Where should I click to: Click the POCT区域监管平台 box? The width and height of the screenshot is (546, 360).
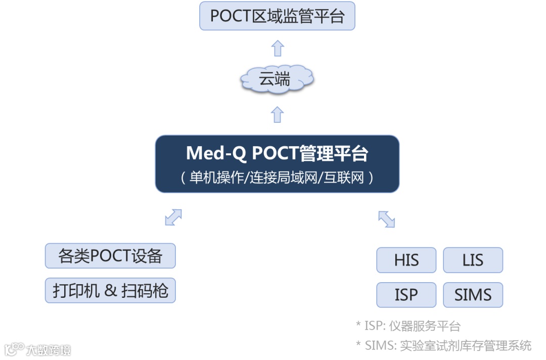click(x=277, y=16)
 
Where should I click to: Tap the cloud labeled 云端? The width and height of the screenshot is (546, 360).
click(x=276, y=79)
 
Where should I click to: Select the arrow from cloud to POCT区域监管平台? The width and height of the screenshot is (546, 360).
click(x=278, y=49)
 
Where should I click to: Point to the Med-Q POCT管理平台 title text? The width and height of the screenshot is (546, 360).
click(x=277, y=153)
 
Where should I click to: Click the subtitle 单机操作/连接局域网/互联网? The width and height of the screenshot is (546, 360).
click(x=277, y=177)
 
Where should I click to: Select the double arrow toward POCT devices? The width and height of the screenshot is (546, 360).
click(x=173, y=217)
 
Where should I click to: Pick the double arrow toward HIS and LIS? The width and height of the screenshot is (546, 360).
click(x=386, y=218)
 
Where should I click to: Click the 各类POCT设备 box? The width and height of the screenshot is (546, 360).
click(x=110, y=256)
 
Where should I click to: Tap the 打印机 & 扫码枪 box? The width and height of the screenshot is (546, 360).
click(x=110, y=290)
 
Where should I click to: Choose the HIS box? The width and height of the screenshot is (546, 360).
click(x=406, y=260)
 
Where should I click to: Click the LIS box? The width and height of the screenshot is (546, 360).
click(x=473, y=260)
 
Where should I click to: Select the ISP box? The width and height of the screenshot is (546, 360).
click(x=406, y=295)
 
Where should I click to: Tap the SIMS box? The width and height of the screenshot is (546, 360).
click(x=473, y=295)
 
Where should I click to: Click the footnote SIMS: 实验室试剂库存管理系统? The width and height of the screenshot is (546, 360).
click(x=444, y=346)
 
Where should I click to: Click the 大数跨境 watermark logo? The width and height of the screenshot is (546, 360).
click(x=37, y=349)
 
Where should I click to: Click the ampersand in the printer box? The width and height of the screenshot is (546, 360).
click(x=111, y=291)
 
